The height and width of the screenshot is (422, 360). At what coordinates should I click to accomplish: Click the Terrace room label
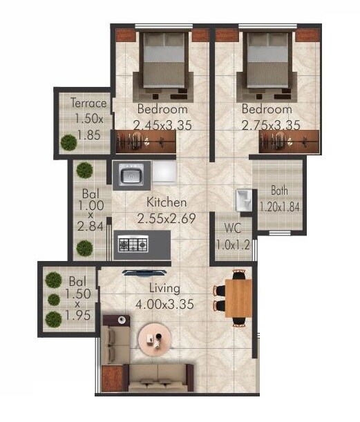[x=88, y=104]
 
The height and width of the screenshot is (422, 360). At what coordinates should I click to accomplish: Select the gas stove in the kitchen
[x=133, y=244]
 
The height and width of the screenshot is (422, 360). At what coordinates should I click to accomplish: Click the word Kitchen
[x=166, y=203]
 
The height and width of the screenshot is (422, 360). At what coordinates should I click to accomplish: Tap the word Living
[x=164, y=288]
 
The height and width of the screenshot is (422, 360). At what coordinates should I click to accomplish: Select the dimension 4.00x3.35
[x=164, y=303]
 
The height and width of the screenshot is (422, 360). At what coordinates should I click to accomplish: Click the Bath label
[x=280, y=191]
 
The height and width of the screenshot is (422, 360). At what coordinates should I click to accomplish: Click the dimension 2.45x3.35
[x=162, y=125]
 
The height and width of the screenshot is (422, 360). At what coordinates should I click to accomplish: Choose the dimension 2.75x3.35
[x=270, y=125]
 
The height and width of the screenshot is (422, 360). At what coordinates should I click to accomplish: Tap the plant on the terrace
[x=68, y=143]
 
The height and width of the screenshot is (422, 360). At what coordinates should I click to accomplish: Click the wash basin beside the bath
[x=243, y=200]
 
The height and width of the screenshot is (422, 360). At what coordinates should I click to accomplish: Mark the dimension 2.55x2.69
[x=166, y=218]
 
